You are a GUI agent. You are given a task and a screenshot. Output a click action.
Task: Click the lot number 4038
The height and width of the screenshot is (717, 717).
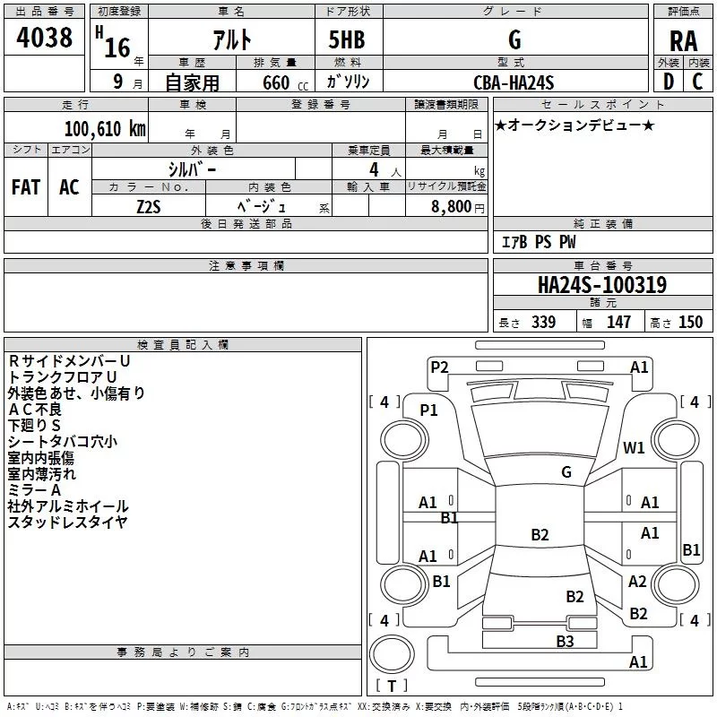click(x=44, y=38)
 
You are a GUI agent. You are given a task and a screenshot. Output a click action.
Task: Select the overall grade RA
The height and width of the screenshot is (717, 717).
click(x=684, y=41)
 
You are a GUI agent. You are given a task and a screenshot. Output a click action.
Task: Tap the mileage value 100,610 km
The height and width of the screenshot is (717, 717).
click(x=105, y=129)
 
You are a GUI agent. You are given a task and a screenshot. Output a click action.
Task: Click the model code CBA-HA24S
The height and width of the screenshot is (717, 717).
click(x=514, y=82)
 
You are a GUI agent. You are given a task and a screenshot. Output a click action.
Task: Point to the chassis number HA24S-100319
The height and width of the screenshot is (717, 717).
click(x=602, y=285)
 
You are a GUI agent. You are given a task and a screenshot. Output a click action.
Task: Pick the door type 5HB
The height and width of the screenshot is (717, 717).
click(x=347, y=39)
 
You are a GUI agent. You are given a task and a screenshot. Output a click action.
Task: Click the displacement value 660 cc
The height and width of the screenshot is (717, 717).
click(x=285, y=83)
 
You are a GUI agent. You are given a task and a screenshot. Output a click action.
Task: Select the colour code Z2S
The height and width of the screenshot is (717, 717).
click(x=149, y=207)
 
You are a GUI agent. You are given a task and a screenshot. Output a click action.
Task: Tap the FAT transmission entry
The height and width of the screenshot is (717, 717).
click(x=26, y=187)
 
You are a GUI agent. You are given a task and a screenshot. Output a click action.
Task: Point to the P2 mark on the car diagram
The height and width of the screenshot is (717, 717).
click(x=439, y=367)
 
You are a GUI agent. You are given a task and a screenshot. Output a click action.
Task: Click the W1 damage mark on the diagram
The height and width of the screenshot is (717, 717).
click(x=634, y=447)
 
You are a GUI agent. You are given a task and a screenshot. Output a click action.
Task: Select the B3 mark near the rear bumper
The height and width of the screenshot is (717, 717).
click(x=565, y=641)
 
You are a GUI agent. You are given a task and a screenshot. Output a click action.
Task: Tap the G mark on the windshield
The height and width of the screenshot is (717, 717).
click(x=566, y=472)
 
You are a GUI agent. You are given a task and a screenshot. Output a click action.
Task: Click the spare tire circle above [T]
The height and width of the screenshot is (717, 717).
click(x=392, y=654)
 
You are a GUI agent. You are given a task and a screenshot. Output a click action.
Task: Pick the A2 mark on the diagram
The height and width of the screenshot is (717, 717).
click(x=637, y=581)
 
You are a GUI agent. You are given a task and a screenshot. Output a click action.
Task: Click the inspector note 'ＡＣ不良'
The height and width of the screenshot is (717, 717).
click(x=35, y=410)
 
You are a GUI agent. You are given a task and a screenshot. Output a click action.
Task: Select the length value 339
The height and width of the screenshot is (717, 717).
click(x=543, y=322)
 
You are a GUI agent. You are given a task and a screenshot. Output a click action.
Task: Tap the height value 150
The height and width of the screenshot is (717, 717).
click(x=690, y=322)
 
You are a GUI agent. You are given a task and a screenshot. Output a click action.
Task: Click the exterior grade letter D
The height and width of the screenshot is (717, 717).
click(x=669, y=82)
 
